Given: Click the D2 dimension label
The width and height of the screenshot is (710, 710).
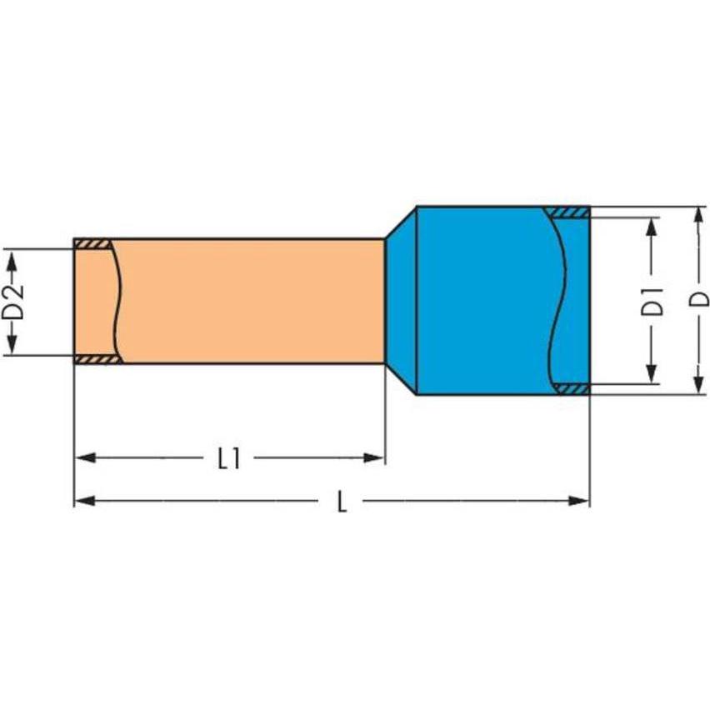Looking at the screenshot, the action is (x=13, y=302).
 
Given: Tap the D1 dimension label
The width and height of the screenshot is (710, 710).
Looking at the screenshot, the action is (x=652, y=301).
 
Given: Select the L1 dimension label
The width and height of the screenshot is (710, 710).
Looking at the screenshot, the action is (x=229, y=458).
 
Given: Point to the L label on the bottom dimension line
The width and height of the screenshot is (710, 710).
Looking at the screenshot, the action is (x=342, y=502).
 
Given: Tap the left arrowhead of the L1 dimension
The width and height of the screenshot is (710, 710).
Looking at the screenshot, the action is (x=85, y=457).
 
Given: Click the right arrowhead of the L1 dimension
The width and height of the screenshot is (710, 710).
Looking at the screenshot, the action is (x=374, y=457).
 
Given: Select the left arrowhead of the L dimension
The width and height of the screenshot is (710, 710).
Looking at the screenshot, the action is (x=85, y=501).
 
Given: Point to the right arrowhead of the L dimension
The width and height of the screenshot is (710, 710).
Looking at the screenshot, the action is (x=579, y=501).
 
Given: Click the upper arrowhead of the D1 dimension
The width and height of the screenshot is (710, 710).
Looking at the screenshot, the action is (x=652, y=227).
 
